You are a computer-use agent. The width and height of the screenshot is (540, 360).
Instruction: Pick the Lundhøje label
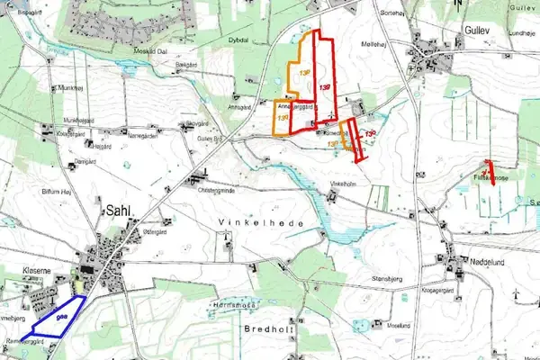point(521,31)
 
